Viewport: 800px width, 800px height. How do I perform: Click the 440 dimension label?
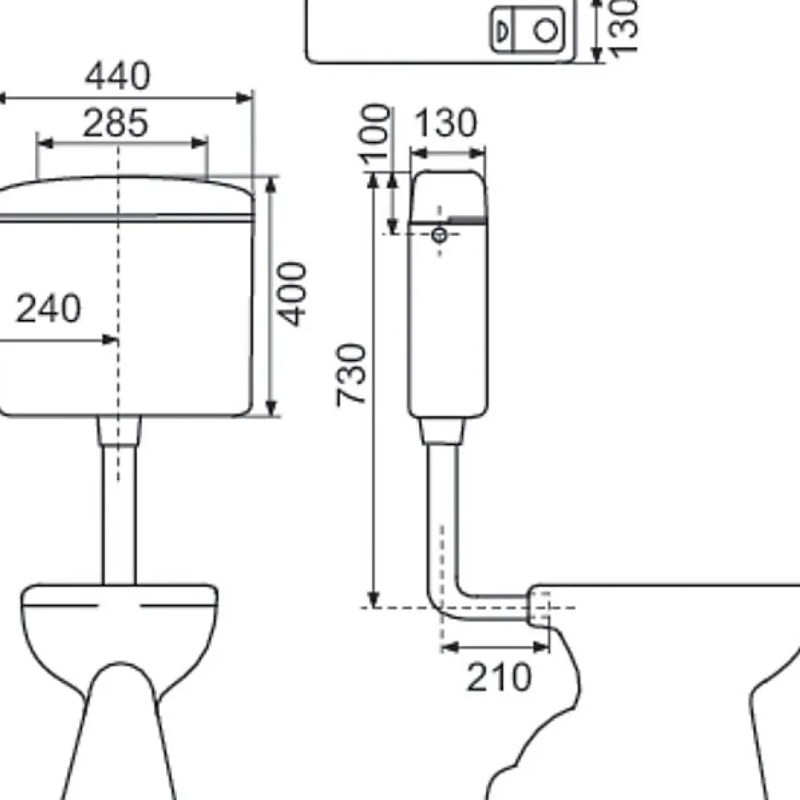[x=117, y=76]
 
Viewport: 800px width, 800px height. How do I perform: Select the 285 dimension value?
[x=115, y=123]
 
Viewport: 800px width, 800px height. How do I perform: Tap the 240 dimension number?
[x=49, y=308]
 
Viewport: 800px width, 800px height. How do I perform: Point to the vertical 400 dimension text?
[x=293, y=294]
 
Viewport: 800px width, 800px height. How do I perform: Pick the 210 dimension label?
[x=499, y=677]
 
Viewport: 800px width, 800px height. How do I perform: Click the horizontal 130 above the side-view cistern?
[x=446, y=123]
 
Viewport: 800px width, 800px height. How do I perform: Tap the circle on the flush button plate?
[x=546, y=30]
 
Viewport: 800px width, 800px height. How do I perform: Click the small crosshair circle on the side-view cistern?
[x=439, y=235]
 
